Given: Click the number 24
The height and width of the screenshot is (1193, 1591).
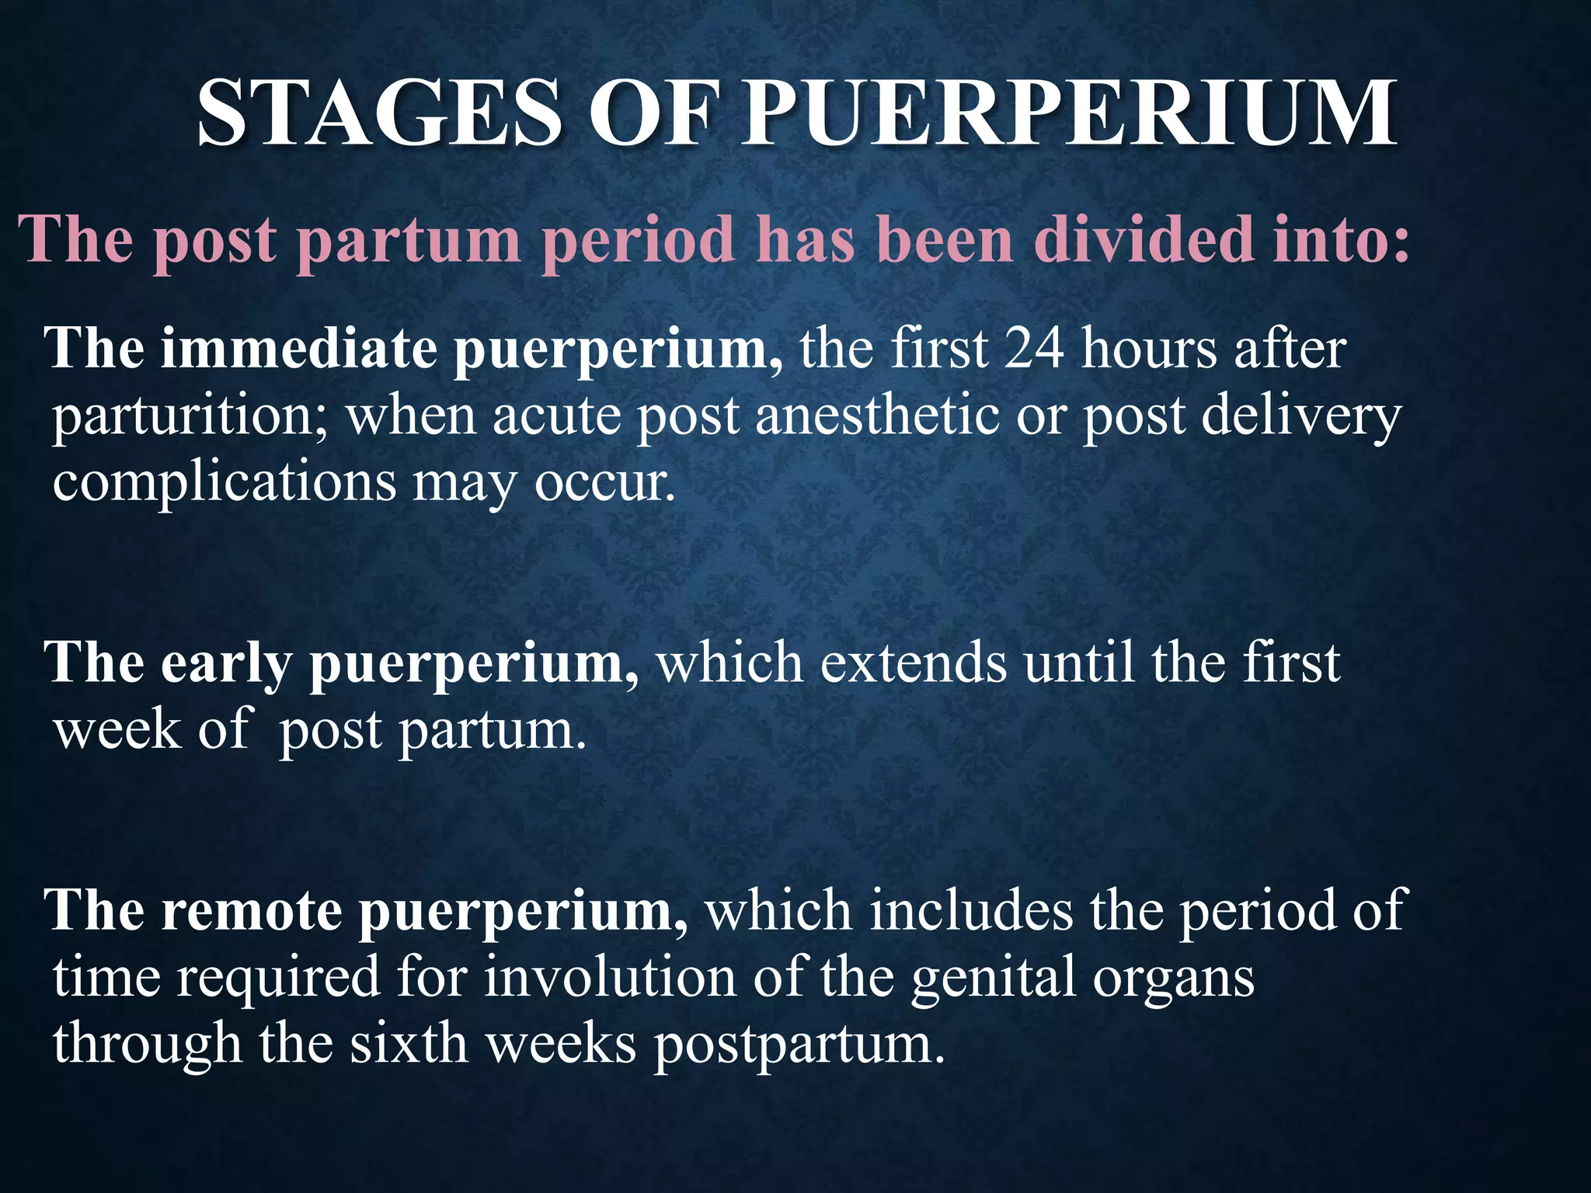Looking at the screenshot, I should [x=1034, y=349].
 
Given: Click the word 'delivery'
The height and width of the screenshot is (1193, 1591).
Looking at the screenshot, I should [x=1301, y=417].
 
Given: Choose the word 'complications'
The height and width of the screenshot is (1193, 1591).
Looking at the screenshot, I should [x=225, y=484].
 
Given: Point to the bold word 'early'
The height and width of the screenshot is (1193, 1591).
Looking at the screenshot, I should [x=226, y=666].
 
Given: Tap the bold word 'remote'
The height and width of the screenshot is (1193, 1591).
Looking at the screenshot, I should [x=251, y=910].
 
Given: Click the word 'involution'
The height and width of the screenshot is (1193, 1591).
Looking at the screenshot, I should [x=610, y=977].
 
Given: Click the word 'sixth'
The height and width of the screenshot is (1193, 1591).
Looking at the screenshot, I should [x=408, y=1043].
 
